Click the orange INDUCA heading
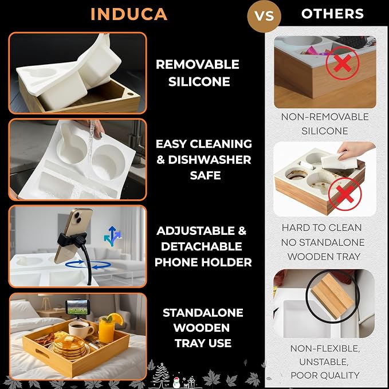(129, 14)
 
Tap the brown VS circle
(264, 16)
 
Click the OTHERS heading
(332, 14)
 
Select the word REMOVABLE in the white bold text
(198, 65)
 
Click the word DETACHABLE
(202, 246)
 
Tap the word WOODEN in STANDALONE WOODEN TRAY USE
(202, 328)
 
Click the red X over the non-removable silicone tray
(343, 63)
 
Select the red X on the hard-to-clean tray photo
(345, 194)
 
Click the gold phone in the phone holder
(74, 235)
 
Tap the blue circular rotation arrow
(88, 265)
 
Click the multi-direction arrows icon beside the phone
(112, 235)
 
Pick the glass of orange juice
(107, 328)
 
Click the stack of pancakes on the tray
(70, 347)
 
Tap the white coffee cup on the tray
(80, 330)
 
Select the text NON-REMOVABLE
(325, 117)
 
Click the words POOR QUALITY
(325, 375)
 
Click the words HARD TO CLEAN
(321, 228)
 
